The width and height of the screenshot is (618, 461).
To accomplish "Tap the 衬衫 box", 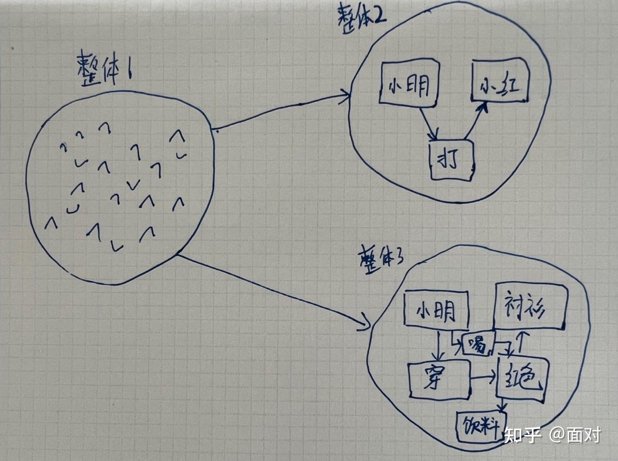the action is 529,305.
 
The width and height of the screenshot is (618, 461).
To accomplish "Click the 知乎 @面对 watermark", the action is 552,435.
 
